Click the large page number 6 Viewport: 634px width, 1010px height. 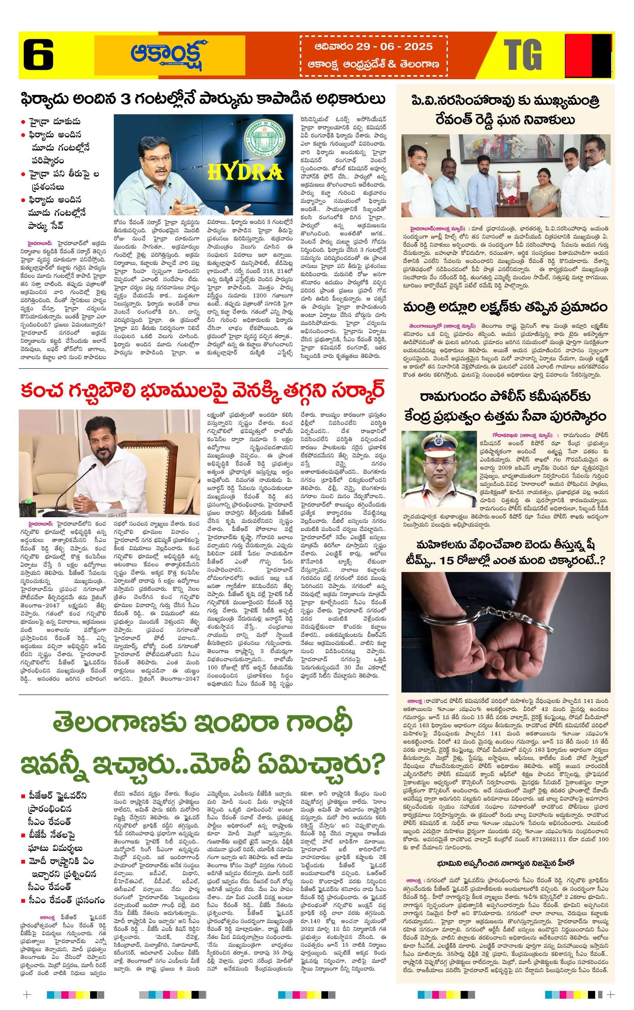point(38,54)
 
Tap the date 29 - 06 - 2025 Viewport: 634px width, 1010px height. point(374,47)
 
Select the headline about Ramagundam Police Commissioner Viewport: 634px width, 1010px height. point(505,406)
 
